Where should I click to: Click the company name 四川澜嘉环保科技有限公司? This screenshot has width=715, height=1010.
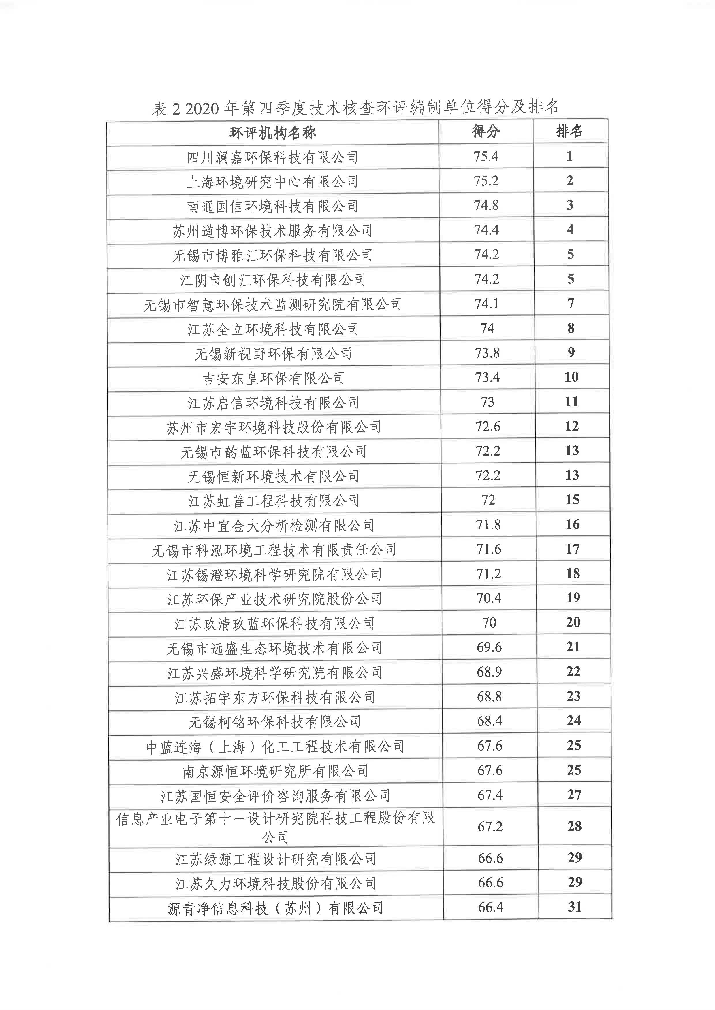[x=272, y=157]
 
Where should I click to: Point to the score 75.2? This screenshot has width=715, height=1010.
[x=486, y=181]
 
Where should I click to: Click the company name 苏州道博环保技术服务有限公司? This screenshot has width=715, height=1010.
[x=272, y=230]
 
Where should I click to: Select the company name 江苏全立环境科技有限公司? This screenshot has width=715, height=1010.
[x=273, y=329]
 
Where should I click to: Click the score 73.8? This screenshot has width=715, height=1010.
[x=487, y=353]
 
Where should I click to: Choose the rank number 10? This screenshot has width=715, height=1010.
[x=571, y=377]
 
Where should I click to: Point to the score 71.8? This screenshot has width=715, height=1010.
[x=488, y=525]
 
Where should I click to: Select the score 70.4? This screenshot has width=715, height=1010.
[x=489, y=598]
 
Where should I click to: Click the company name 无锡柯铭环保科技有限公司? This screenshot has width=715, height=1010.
[x=275, y=722]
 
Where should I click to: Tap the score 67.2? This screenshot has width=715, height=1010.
[x=490, y=827]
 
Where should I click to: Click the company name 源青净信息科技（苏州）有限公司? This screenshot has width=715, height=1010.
[x=276, y=908]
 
